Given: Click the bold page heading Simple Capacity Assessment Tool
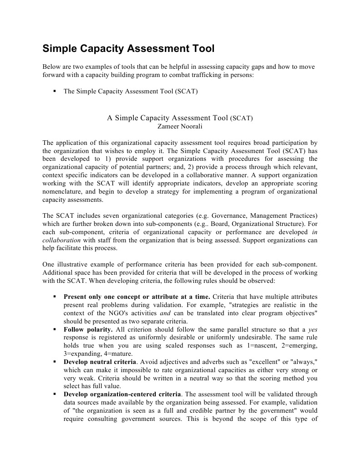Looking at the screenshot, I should click(128, 49).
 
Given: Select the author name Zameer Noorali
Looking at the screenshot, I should click(180, 126).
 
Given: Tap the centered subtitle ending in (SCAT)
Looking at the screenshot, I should click(180, 118).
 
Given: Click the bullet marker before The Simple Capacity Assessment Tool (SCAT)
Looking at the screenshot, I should click(54, 91).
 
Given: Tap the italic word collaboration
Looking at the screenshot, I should click(61, 240).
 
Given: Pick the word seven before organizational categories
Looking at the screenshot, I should click(106, 215).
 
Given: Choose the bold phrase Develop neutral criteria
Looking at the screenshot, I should click(100, 362).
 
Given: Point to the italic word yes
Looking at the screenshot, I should click(313, 329).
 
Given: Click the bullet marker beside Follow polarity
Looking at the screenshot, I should click(54, 329).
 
